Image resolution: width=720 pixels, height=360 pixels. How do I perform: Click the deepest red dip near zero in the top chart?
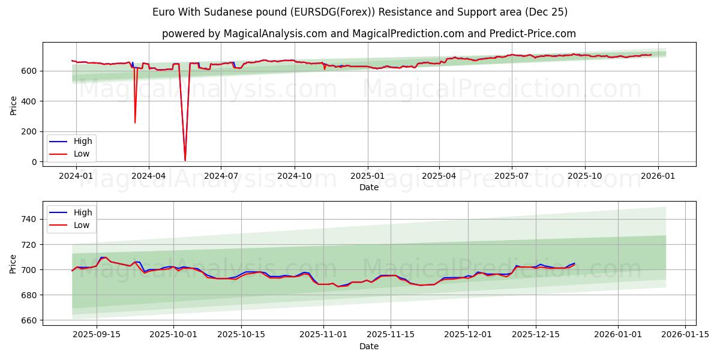coord(185,160)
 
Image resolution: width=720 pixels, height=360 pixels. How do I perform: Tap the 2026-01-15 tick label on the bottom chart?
coord(686,334)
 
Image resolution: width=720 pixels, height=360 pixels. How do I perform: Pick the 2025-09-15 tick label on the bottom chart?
coord(96,334)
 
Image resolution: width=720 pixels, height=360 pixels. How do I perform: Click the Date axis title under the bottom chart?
coord(369,346)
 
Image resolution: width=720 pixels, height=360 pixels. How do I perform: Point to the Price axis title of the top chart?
coord(14,105)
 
